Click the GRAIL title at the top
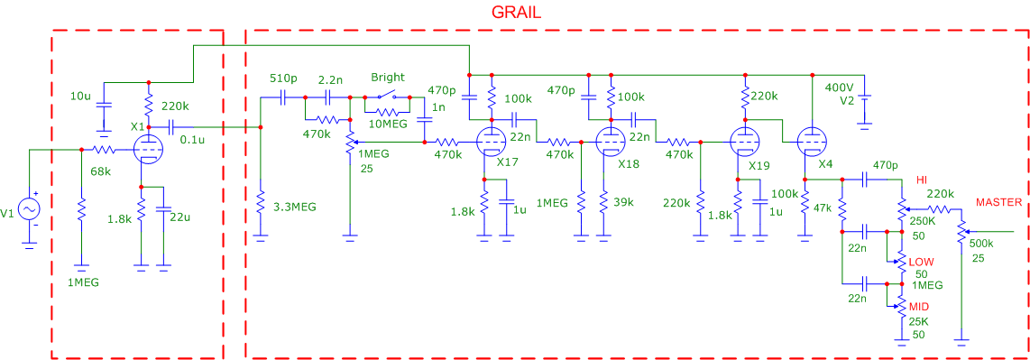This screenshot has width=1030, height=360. coord(516,13)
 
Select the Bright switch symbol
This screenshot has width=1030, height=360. coord(387,97)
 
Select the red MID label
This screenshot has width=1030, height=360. coord(918,305)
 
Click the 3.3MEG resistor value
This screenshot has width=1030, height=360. coord(295,207)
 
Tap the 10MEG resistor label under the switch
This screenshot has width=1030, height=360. coord(388,125)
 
